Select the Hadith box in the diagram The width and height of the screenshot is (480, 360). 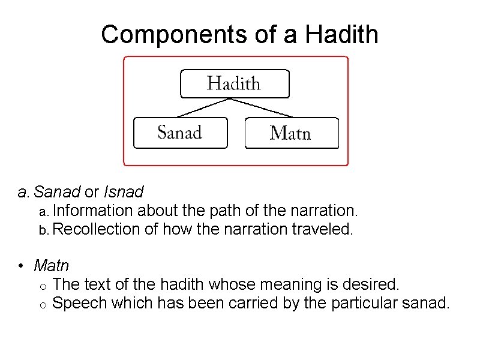(x=235, y=83)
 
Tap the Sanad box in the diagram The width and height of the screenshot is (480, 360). (x=180, y=133)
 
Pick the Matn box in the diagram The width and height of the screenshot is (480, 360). (x=291, y=133)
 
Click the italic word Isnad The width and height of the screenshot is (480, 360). (x=124, y=192)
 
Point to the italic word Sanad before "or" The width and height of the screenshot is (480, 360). (x=57, y=192)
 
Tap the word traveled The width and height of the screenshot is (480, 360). (x=325, y=229)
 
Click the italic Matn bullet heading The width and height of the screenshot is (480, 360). (x=52, y=265)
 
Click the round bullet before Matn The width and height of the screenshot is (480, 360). (x=21, y=265)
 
